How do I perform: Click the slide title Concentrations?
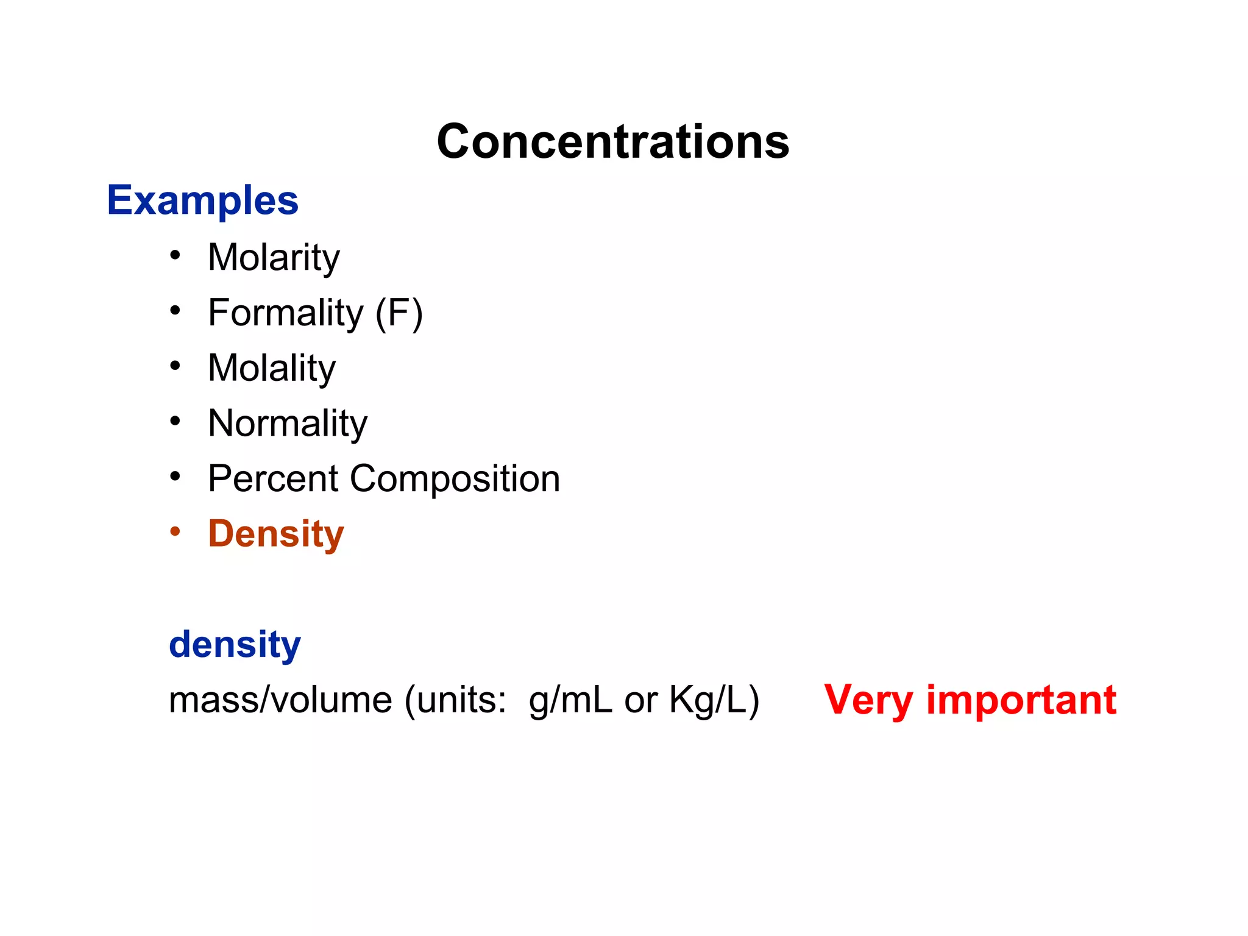click(x=613, y=141)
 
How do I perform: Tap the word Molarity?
click(x=274, y=257)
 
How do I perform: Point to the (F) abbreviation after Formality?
click(x=399, y=313)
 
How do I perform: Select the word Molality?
click(x=272, y=368)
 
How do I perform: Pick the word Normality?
click(x=288, y=423)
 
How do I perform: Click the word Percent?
click(x=273, y=478)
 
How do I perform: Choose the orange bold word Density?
click(x=276, y=534)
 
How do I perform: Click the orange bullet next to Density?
click(x=175, y=531)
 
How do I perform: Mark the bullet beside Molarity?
click(x=175, y=255)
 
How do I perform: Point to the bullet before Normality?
click(x=175, y=420)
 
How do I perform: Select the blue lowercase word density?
click(x=235, y=644)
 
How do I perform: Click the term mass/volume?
click(x=280, y=700)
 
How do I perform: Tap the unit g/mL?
click(x=570, y=700)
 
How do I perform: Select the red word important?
click(x=1021, y=700)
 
